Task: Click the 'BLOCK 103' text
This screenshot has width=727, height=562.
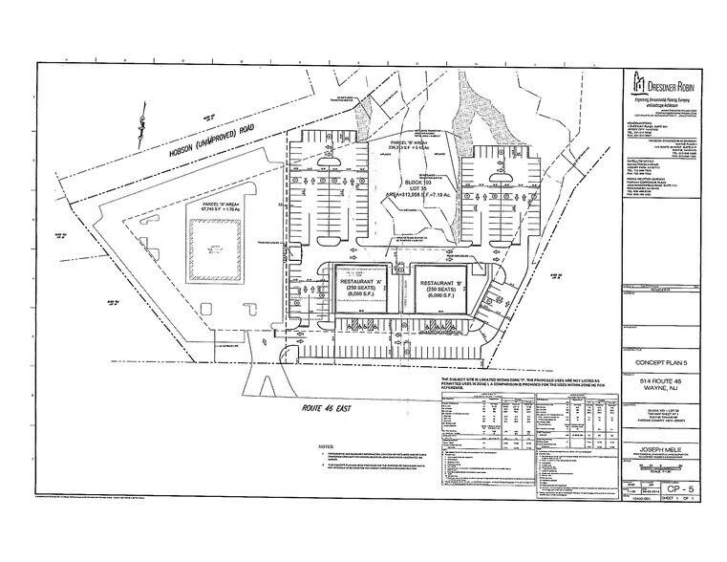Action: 418,181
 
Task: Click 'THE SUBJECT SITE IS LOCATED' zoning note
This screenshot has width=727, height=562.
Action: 496,382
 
